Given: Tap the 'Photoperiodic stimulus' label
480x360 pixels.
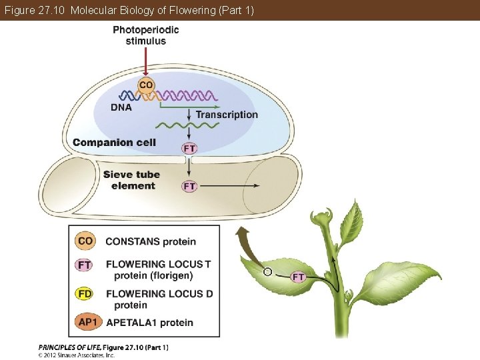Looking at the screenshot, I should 145,35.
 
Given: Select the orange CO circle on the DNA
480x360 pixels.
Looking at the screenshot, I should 146,85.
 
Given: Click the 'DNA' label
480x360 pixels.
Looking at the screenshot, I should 121,107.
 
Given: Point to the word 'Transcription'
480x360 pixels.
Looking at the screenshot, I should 227,115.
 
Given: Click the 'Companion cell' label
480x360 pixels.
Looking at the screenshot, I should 114,142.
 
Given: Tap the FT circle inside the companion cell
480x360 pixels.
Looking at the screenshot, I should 190,148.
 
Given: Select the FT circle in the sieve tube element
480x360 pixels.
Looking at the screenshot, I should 190,186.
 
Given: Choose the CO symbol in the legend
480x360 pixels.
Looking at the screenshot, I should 85,241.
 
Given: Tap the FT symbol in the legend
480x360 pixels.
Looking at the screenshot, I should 85,265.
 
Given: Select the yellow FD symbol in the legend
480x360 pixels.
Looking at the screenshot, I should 85,294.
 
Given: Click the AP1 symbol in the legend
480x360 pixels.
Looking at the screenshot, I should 88,323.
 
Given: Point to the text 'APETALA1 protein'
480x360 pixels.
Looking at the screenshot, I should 149,323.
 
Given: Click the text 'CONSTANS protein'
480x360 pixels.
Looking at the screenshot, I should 151,241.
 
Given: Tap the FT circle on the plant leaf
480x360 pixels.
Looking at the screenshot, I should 299,277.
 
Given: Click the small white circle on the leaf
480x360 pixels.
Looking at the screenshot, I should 267,272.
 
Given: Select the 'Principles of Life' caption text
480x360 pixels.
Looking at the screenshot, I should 103,347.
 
